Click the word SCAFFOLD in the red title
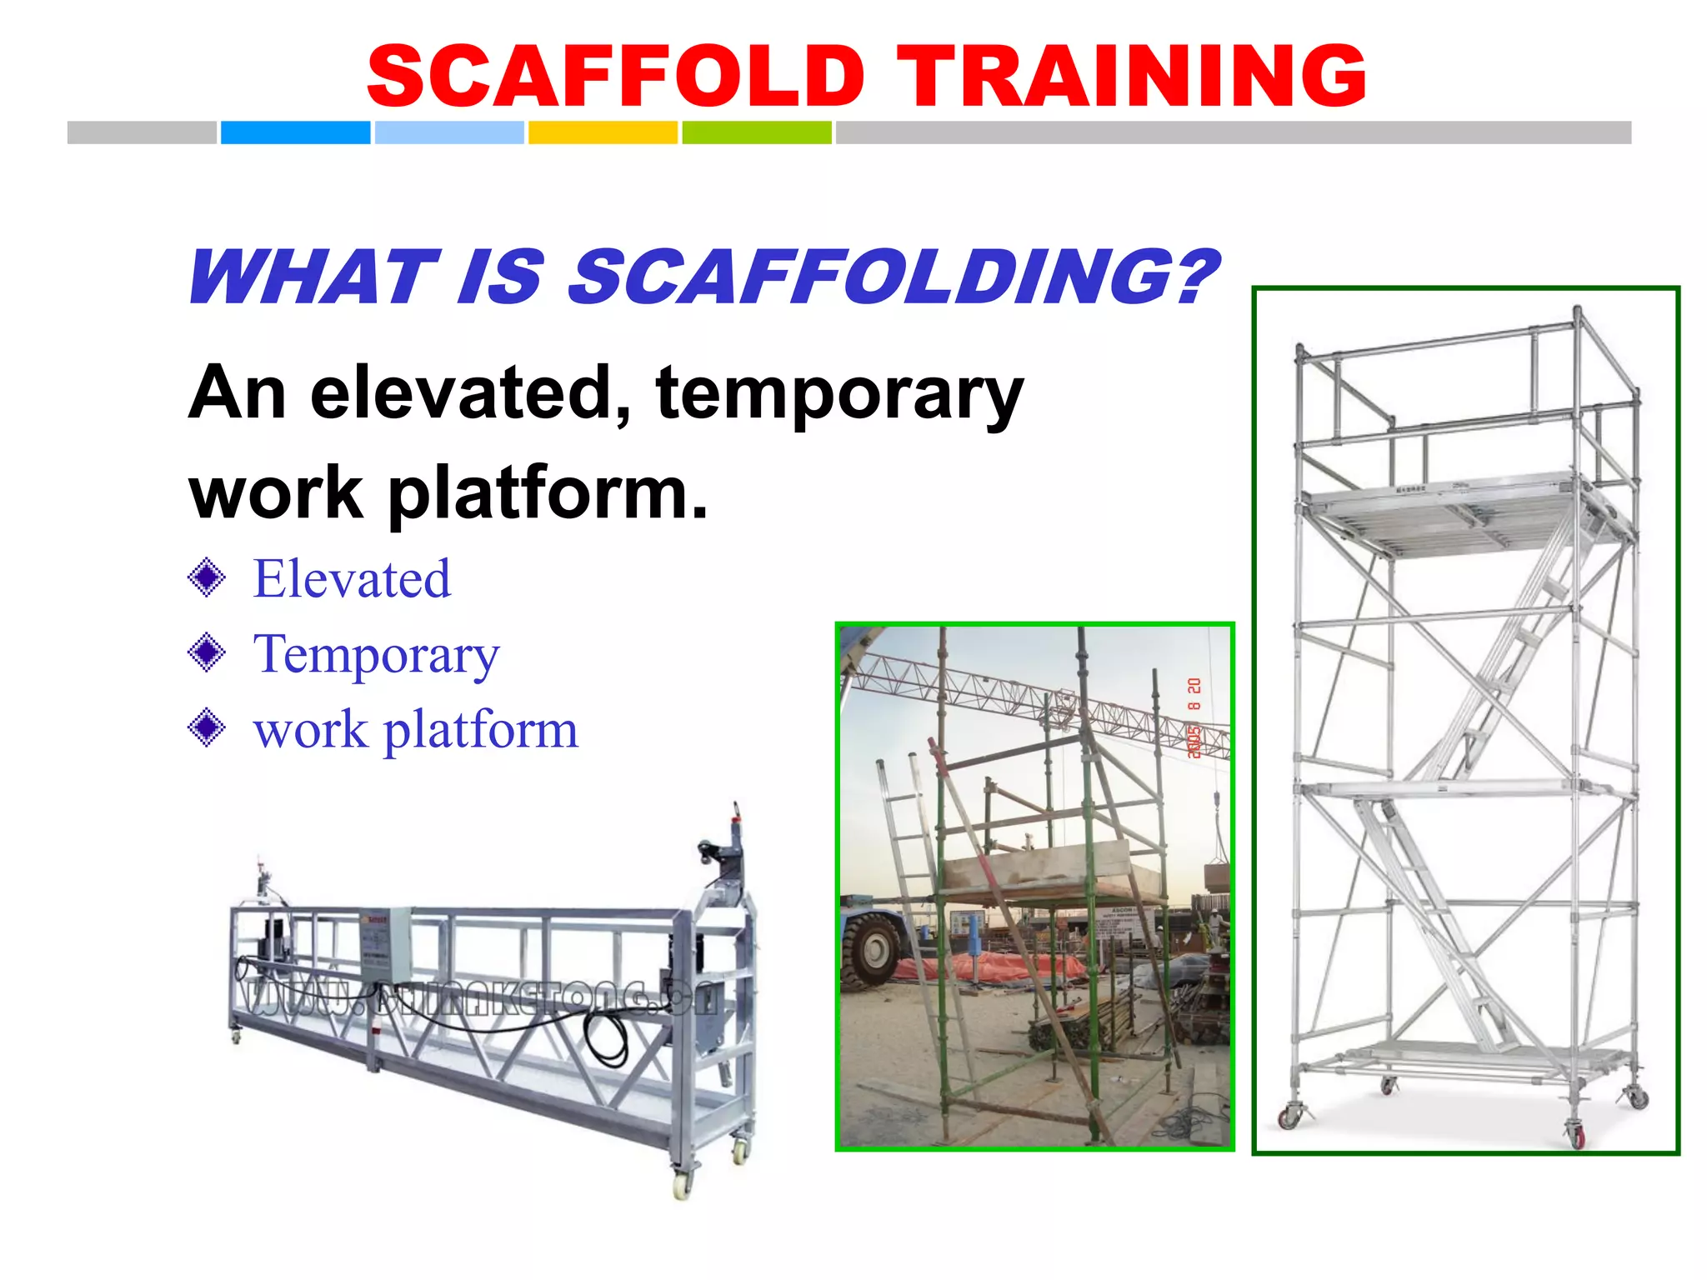coord(616,77)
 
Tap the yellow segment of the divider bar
coord(603,132)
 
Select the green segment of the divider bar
coord(756,132)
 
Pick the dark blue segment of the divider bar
coord(295,132)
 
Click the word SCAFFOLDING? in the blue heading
coord(892,277)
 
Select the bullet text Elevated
coord(352,579)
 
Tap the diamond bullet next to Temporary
coord(207,652)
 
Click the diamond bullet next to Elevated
coord(207,577)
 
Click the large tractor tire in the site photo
coord(871,950)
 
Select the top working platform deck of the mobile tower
coord(1450,512)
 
